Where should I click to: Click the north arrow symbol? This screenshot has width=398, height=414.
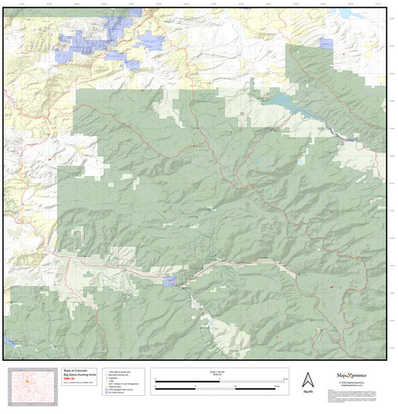point(308,378)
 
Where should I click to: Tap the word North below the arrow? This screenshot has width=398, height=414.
point(308,391)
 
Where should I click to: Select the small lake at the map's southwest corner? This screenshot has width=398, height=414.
point(11,341)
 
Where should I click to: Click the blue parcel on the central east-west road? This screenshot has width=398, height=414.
point(172,280)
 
